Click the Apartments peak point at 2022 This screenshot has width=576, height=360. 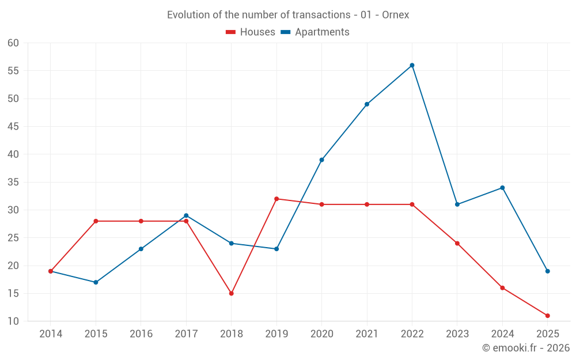[412, 65]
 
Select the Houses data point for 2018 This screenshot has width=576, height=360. [231, 293]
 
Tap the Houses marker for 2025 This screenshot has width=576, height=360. [547, 316]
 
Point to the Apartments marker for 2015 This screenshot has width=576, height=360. [96, 282]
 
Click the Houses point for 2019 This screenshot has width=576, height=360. [276, 199]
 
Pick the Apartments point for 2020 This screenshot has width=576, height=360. [321, 160]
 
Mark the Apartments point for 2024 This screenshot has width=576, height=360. [502, 188]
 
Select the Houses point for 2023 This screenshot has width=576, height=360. [457, 243]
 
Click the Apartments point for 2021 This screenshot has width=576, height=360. [367, 104]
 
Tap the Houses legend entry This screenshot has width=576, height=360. [251, 32]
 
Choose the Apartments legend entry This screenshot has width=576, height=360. [315, 32]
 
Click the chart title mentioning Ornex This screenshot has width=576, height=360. [288, 15]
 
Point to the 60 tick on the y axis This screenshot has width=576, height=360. [13, 43]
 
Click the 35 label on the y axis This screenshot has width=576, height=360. [13, 182]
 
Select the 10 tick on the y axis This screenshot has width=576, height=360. [13, 321]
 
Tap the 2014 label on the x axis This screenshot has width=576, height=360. [51, 334]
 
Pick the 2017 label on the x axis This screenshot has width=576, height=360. [186, 334]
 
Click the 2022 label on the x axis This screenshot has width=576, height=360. [412, 334]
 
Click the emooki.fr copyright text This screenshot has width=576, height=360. [525, 348]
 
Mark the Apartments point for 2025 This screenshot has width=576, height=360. [547, 271]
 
